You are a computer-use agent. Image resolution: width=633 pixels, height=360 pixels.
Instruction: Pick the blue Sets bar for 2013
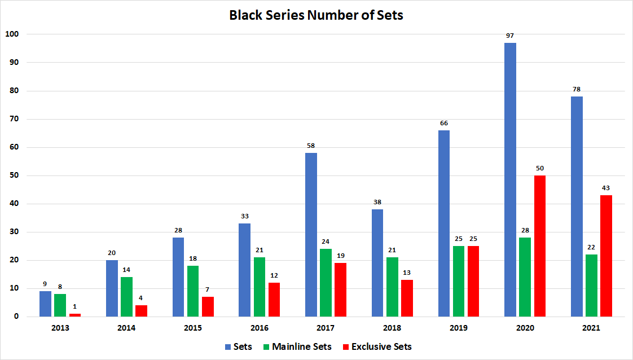45,304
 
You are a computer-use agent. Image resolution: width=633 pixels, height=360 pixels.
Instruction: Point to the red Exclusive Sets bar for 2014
141,311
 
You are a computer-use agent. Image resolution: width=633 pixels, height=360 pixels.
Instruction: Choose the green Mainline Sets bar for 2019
458,281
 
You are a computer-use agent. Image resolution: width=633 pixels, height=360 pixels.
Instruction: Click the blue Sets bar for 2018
377,263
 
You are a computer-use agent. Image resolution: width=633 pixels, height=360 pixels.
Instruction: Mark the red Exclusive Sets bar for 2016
274,299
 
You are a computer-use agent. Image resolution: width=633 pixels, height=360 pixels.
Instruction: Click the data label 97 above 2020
510,36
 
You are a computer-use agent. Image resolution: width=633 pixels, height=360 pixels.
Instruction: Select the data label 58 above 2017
311,146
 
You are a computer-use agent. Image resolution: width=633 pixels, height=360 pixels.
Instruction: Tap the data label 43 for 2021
606,188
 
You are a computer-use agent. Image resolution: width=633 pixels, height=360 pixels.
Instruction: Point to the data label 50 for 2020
539,168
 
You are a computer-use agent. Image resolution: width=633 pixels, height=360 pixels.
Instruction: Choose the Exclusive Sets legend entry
377,346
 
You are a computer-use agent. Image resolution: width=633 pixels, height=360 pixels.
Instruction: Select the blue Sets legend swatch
228,346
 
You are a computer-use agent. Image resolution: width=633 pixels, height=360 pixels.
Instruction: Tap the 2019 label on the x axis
458,328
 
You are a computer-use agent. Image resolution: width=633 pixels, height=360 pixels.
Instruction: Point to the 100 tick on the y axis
12,34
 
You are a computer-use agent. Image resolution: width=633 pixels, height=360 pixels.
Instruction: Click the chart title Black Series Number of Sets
316,15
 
